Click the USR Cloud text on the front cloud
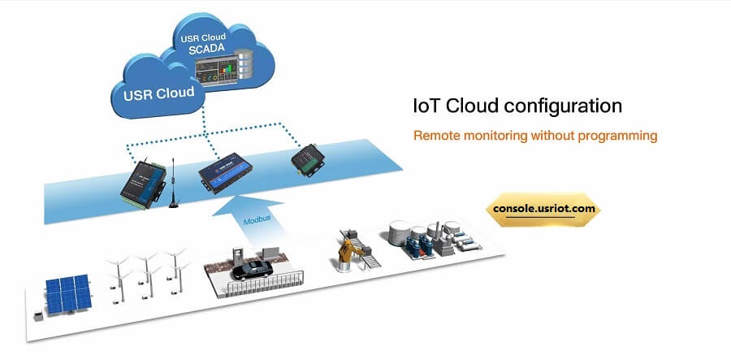click(159, 92)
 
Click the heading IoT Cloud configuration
click(517, 106)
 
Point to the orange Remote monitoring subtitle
click(535, 136)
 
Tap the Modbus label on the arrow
click(258, 221)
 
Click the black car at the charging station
click(252, 269)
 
